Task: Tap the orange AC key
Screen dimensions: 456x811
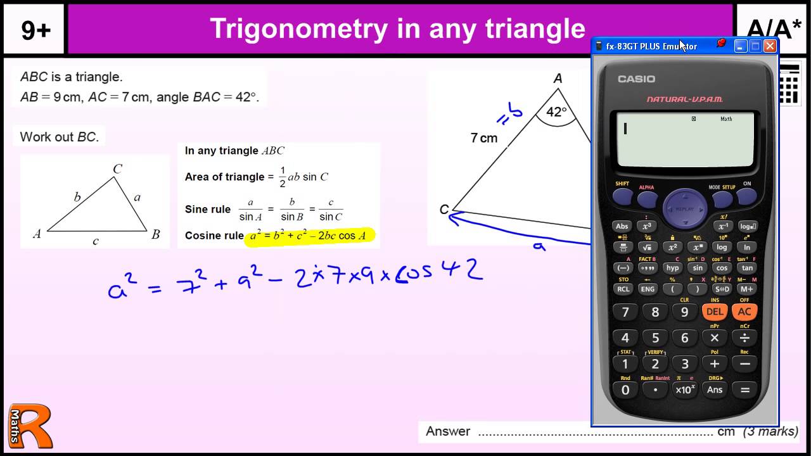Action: click(744, 312)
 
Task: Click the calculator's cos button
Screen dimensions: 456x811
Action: click(722, 268)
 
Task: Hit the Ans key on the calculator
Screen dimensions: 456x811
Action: click(715, 389)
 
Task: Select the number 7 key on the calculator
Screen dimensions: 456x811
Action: click(625, 312)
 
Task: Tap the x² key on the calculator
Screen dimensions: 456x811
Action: click(673, 247)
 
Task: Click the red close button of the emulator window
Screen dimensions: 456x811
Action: click(770, 46)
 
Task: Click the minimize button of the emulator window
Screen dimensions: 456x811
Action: click(741, 46)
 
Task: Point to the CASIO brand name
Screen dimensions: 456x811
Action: click(636, 79)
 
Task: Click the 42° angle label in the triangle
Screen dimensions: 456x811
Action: click(556, 112)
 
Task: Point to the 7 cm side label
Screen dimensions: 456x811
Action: click(484, 138)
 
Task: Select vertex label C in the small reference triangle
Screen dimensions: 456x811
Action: click(117, 169)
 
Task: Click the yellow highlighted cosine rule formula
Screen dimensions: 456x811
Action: click(309, 236)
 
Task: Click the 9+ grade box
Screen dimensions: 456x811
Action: click(35, 30)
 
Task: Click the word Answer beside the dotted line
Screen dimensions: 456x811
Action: click(448, 431)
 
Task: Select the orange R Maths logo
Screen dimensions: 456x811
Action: click(30, 427)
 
